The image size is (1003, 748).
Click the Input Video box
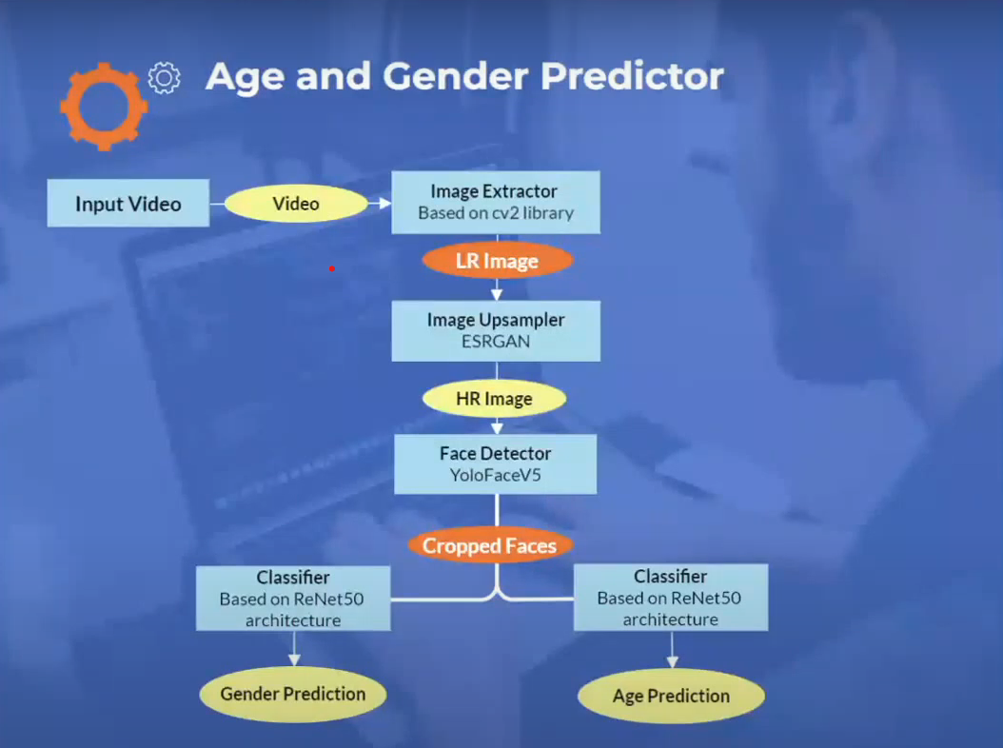tap(128, 203)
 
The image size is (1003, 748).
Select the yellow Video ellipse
tap(296, 204)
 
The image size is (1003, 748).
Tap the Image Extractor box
tap(496, 202)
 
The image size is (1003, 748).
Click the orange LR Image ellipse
tap(497, 261)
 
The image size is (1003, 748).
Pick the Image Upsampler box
tap(496, 331)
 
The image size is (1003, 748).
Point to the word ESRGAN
tap(496, 341)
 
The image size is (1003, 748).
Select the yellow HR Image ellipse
tap(495, 399)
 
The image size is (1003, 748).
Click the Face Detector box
tap(496, 463)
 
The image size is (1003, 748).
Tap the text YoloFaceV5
tap(495, 475)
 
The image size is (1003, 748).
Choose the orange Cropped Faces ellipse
tap(490, 545)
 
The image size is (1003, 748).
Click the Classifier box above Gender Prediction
tap(293, 599)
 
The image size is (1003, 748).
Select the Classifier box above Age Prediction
tap(671, 597)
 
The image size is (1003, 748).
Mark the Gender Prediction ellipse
tap(293, 695)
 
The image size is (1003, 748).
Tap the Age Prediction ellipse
tap(671, 696)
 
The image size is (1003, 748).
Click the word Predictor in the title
tap(632, 76)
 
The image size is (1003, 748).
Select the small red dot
tap(331, 268)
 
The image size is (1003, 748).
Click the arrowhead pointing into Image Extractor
tap(384, 204)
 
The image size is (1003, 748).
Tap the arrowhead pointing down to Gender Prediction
tap(294, 659)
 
